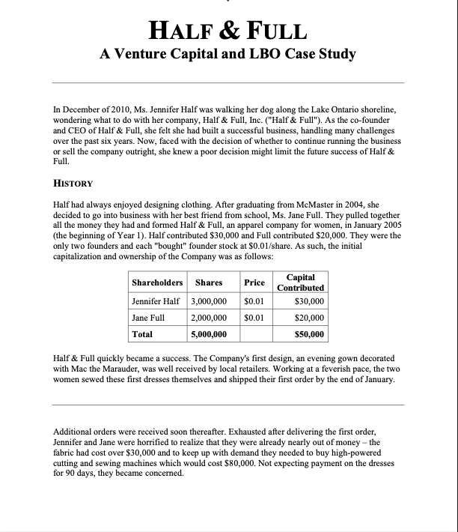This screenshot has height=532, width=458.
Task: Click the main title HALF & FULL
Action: (228, 31)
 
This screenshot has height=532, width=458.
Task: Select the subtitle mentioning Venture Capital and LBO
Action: (228, 54)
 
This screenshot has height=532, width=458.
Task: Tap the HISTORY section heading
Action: (73, 183)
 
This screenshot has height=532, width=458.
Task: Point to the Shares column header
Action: (209, 282)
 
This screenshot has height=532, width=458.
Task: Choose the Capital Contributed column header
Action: (300, 282)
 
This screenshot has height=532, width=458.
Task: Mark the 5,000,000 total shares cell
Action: (209, 333)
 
